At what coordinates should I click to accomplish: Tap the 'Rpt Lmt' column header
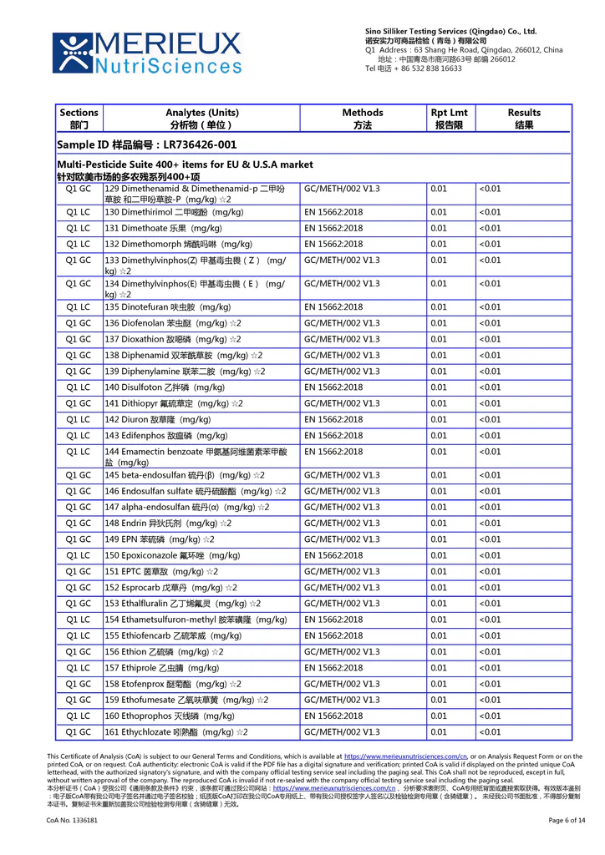click(449, 119)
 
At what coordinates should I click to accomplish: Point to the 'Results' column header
click(524, 119)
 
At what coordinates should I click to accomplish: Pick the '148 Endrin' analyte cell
click(168, 524)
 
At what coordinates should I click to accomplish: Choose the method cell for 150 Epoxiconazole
click(333, 556)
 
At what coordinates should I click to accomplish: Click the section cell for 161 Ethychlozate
click(79, 732)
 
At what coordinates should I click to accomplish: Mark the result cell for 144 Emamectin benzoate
click(490, 452)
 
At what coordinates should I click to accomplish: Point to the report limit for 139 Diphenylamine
click(439, 372)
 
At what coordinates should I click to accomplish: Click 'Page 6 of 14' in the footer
click(567, 821)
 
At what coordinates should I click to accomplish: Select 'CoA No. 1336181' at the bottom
click(72, 821)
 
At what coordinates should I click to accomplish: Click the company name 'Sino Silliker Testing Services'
click(450, 31)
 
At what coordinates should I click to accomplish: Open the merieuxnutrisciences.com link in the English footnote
click(405, 756)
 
